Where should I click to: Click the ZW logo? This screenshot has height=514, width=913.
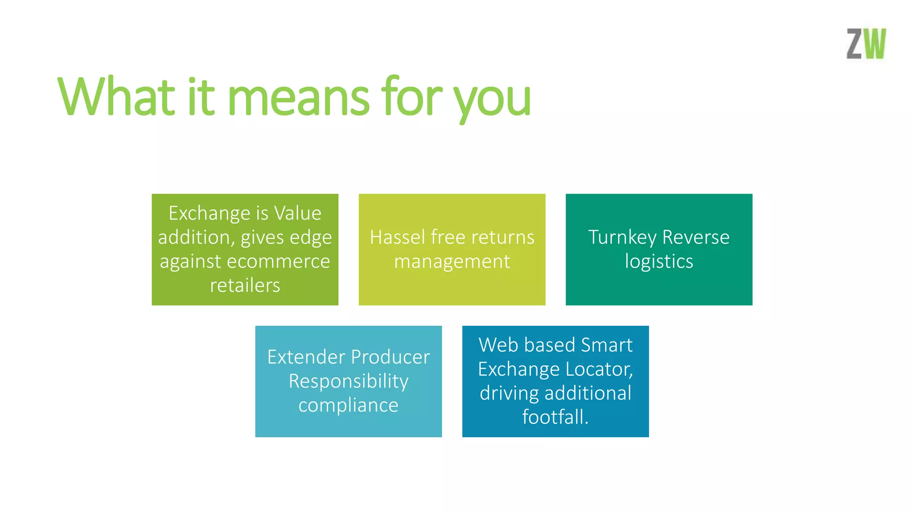pos(866,44)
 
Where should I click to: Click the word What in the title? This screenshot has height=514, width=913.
pos(117,97)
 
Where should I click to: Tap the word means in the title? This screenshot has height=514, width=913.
pos(298,98)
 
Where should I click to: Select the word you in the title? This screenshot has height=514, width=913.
pos(492,100)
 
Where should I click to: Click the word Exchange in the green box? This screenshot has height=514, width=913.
pos(206,213)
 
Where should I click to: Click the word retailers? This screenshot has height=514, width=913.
pos(245,286)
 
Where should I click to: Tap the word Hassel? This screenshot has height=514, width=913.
pos(397,237)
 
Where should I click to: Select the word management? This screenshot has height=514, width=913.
pos(452,262)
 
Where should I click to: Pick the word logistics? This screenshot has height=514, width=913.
pos(659,261)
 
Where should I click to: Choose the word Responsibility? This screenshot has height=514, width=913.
pos(348,381)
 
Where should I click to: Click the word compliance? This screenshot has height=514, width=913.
pos(348,406)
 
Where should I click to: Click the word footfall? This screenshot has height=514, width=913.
pos(555,417)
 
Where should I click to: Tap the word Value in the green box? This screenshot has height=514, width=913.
pos(297,213)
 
